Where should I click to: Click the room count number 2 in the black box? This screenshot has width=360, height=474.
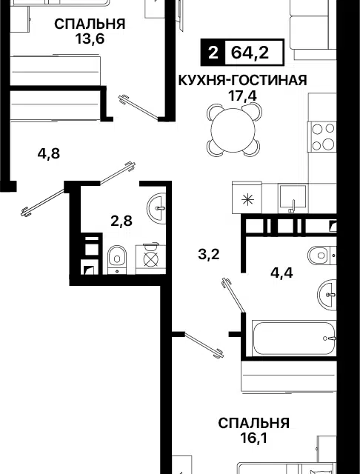click(213, 54)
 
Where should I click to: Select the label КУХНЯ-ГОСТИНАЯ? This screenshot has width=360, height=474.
click(241, 80)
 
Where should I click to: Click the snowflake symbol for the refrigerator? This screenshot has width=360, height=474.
click(247, 198)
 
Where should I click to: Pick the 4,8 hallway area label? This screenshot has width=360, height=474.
click(49, 154)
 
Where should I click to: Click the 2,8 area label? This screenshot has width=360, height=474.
click(121, 220)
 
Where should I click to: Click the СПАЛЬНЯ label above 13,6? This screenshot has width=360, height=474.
click(89, 23)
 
